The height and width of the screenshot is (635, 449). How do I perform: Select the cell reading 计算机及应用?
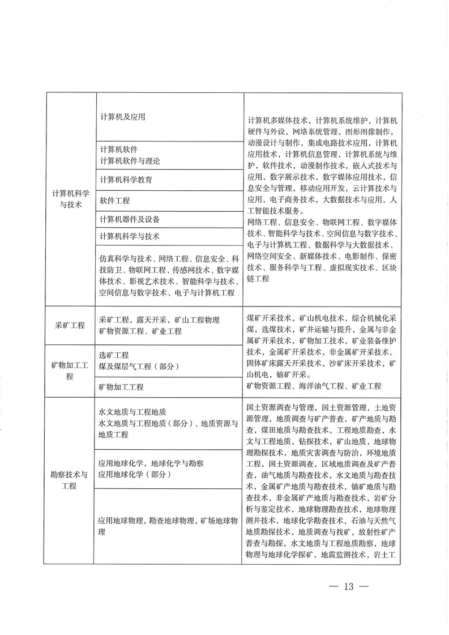[122, 117]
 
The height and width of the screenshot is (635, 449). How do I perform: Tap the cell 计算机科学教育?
[126, 180]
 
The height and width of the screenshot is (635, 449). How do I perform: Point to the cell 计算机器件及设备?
[130, 219]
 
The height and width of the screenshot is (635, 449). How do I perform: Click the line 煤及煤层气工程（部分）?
[139, 366]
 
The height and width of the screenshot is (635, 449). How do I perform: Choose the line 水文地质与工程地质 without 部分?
[132, 412]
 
